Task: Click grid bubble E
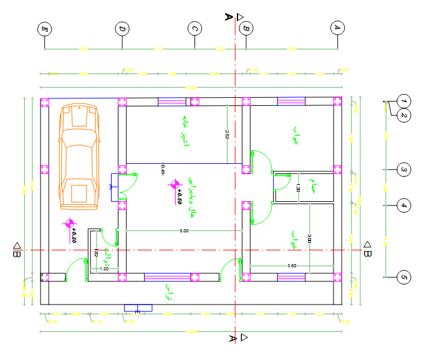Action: pyautogui.click(x=44, y=29)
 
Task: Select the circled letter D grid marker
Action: pyautogui.click(x=122, y=29)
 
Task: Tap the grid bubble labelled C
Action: pyautogui.click(x=195, y=29)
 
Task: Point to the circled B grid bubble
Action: pyautogui.click(x=246, y=28)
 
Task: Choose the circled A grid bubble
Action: pyautogui.click(x=337, y=28)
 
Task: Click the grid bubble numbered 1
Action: pyautogui.click(x=404, y=101)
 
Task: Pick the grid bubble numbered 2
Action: pyautogui.click(x=404, y=115)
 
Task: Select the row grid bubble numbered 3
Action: pyautogui.click(x=404, y=169)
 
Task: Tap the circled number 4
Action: pyautogui.click(x=404, y=205)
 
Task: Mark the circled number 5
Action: pyautogui.click(x=404, y=277)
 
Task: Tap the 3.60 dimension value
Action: pyautogui.click(x=291, y=266)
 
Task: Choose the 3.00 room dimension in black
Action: pyautogui.click(x=310, y=238)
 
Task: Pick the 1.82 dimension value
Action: pyautogui.click(x=97, y=253)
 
